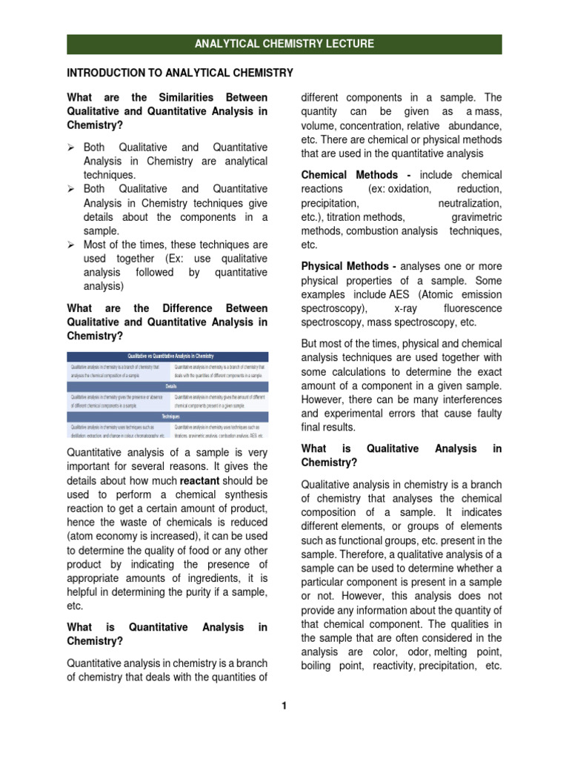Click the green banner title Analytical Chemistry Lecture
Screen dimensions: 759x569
tap(284, 44)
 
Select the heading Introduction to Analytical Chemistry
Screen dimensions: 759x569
tap(180, 73)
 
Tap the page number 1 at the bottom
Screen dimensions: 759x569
tap(283, 705)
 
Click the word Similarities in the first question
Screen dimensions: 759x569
tap(184, 98)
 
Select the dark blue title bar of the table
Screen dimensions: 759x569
tap(167, 356)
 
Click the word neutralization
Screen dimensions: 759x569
tap(469, 203)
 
